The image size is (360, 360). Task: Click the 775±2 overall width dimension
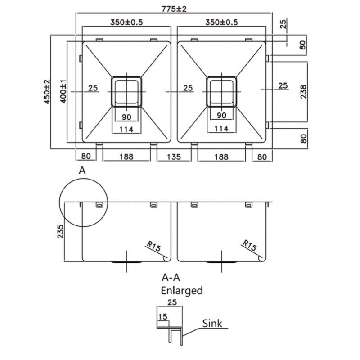click(174, 9)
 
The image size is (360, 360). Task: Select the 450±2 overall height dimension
click(47, 92)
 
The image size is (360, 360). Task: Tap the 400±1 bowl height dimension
click(63, 91)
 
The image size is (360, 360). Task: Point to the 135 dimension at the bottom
click(174, 157)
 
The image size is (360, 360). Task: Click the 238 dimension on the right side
click(303, 92)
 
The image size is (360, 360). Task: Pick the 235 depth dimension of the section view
click(60, 231)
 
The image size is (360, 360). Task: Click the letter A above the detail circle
click(82, 171)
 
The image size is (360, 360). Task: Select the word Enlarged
click(182, 291)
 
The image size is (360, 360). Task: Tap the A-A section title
click(171, 278)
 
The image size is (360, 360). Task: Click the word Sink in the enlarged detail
click(212, 323)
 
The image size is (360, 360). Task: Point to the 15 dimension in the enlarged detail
click(162, 317)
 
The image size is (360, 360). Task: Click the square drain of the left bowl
click(126, 92)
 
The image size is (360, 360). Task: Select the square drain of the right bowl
click(221, 92)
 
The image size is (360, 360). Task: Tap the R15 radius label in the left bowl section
click(153, 246)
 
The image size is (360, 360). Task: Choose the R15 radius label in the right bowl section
click(249, 246)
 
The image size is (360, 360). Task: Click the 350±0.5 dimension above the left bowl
click(126, 22)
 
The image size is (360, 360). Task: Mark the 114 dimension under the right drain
click(221, 129)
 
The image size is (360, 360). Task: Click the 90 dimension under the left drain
click(126, 117)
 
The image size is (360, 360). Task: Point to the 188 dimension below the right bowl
click(221, 157)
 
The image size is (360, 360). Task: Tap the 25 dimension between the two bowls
click(188, 88)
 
